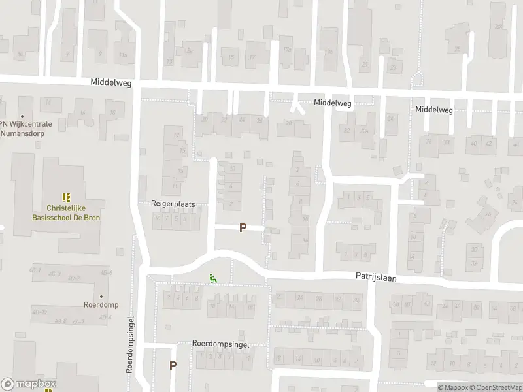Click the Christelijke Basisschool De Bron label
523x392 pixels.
65,212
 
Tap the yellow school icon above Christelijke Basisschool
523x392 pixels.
65,197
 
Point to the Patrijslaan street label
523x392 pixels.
376,278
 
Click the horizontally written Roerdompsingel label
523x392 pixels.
221,343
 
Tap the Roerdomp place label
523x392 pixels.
100,305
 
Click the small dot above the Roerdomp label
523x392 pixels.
101,295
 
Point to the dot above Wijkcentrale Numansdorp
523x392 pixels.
22,116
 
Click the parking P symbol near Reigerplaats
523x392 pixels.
243,228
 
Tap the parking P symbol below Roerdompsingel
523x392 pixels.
173,366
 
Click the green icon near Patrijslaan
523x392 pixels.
212,278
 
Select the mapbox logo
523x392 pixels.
29,384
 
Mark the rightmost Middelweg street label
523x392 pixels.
434,110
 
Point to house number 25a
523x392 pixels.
499,27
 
